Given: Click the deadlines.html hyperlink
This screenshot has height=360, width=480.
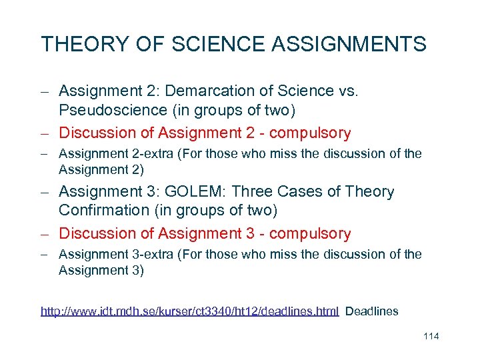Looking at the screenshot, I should click(x=190, y=311).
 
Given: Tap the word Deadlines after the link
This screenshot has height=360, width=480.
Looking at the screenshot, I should click(x=372, y=311).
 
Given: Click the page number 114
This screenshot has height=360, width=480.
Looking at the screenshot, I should click(x=431, y=336).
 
